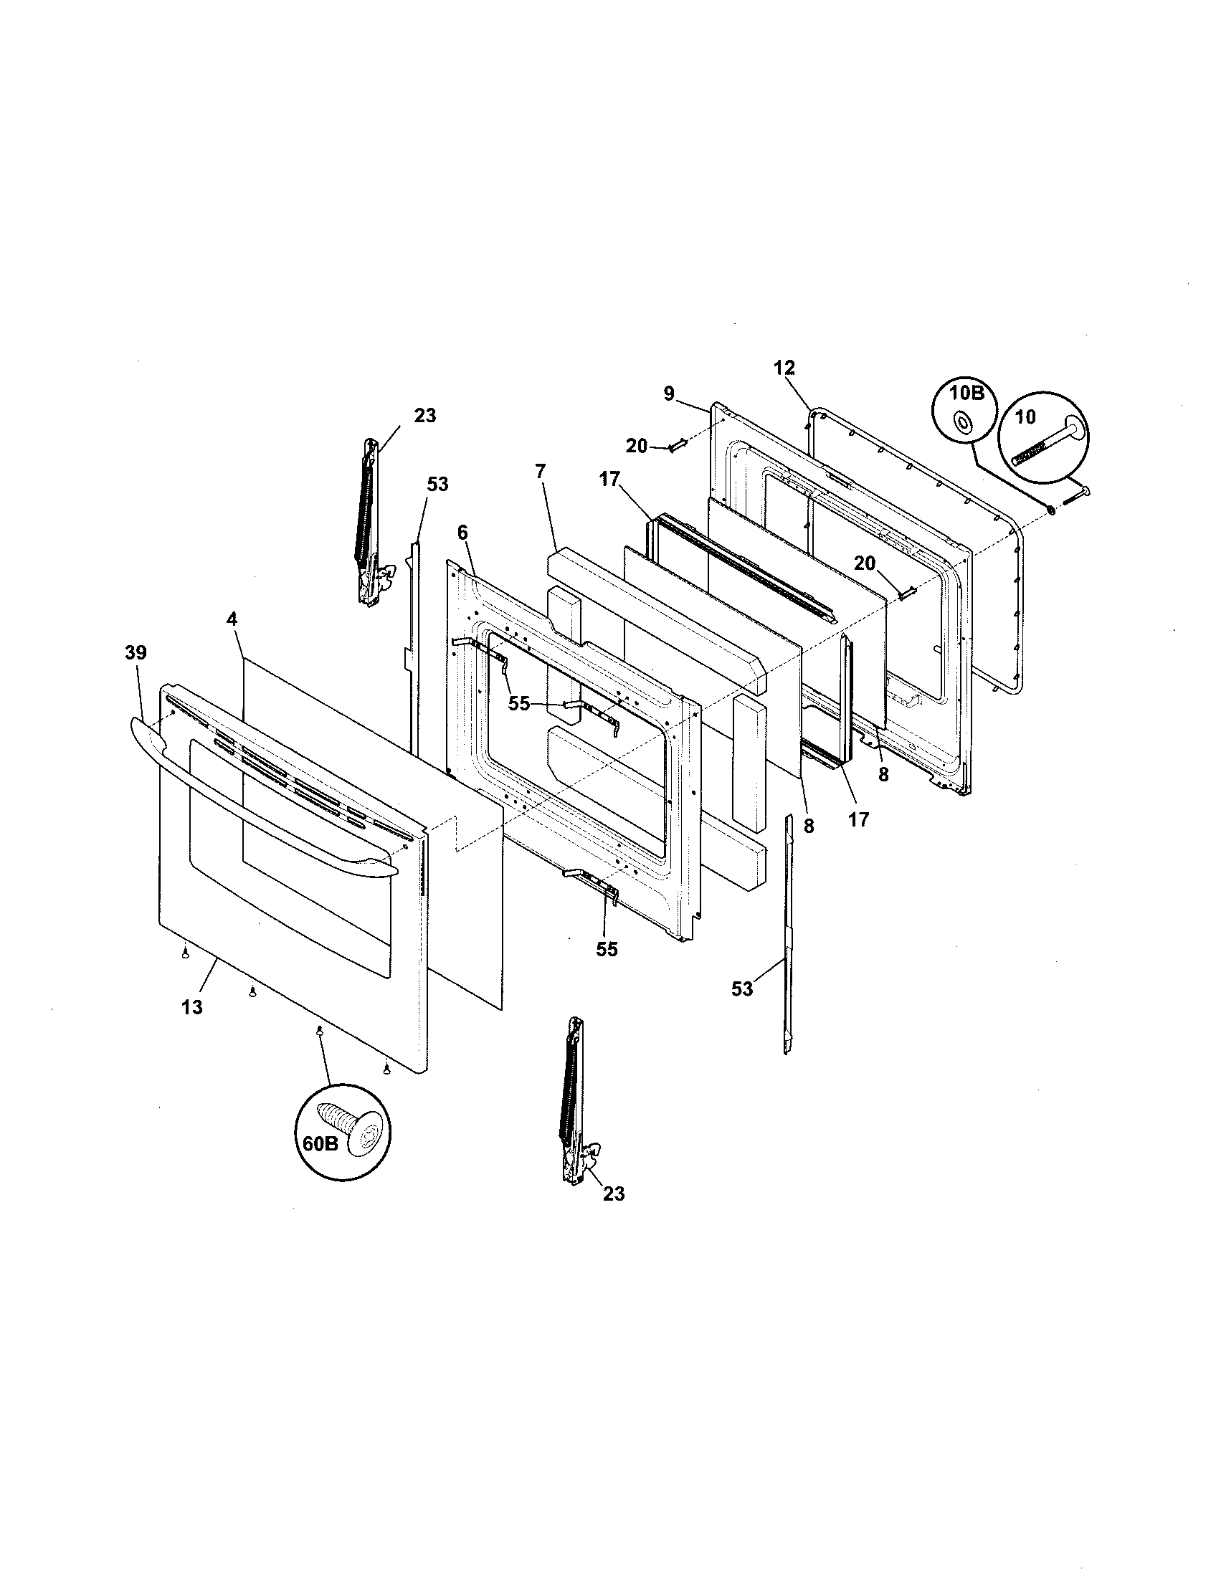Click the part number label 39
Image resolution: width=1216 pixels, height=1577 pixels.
click(135, 653)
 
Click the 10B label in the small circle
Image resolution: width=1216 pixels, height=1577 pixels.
click(961, 396)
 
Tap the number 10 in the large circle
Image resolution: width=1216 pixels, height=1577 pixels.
click(1025, 417)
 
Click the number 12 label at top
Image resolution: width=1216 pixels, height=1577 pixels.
click(784, 368)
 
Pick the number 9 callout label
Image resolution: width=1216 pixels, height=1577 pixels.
click(669, 394)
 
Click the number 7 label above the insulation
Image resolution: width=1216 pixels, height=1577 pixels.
click(541, 471)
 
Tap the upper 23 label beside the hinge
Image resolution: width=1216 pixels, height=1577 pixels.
click(424, 416)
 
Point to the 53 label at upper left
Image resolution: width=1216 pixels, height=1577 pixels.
click(437, 485)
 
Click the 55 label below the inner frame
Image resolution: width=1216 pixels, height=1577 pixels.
click(607, 950)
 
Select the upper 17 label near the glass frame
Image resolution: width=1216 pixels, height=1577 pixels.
click(610, 479)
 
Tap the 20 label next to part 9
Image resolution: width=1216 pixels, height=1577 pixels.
click(637, 447)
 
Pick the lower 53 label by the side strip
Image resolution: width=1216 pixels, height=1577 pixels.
click(742, 989)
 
